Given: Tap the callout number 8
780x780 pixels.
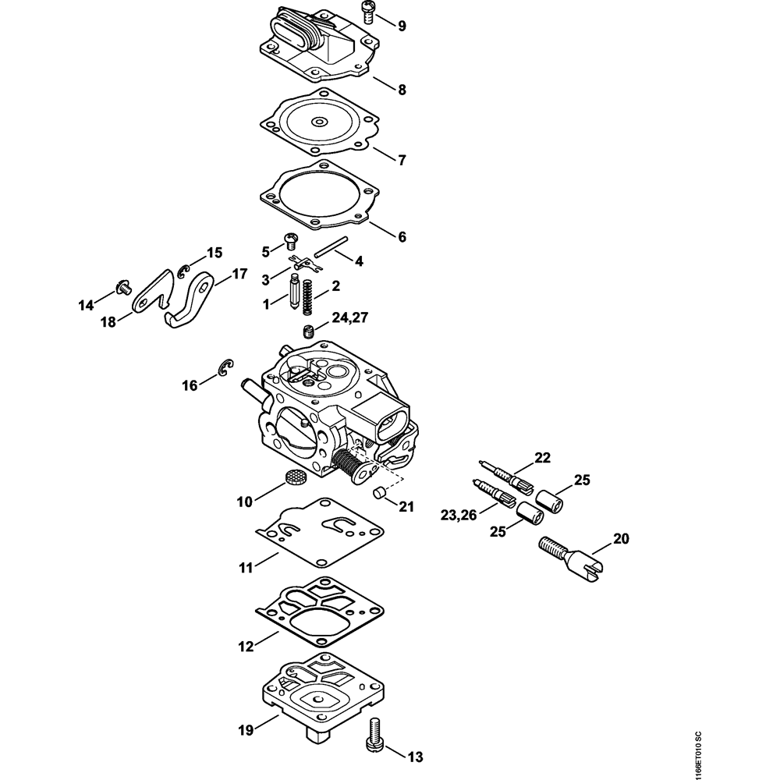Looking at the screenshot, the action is [x=402, y=90].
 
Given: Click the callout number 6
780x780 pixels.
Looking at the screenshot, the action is [x=402, y=237].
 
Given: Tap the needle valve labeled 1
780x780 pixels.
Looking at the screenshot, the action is [x=295, y=292].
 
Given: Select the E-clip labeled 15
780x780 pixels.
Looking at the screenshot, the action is [x=184, y=271].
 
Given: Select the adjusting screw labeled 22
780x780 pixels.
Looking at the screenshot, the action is [x=505, y=476].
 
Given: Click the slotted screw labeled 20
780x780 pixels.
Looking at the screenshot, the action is [x=572, y=558].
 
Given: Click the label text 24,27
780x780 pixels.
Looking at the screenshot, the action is [x=350, y=317].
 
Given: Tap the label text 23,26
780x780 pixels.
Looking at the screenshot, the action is [x=459, y=516].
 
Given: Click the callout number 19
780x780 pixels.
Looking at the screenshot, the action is [x=246, y=730].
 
